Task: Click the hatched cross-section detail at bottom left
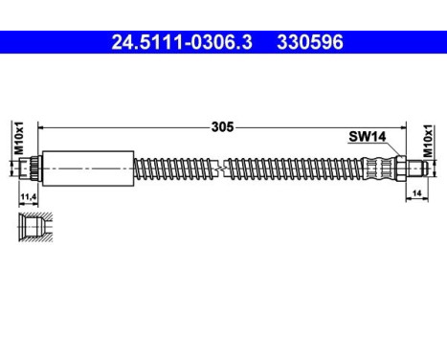pos(30,229)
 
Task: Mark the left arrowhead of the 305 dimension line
pos(41,125)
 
